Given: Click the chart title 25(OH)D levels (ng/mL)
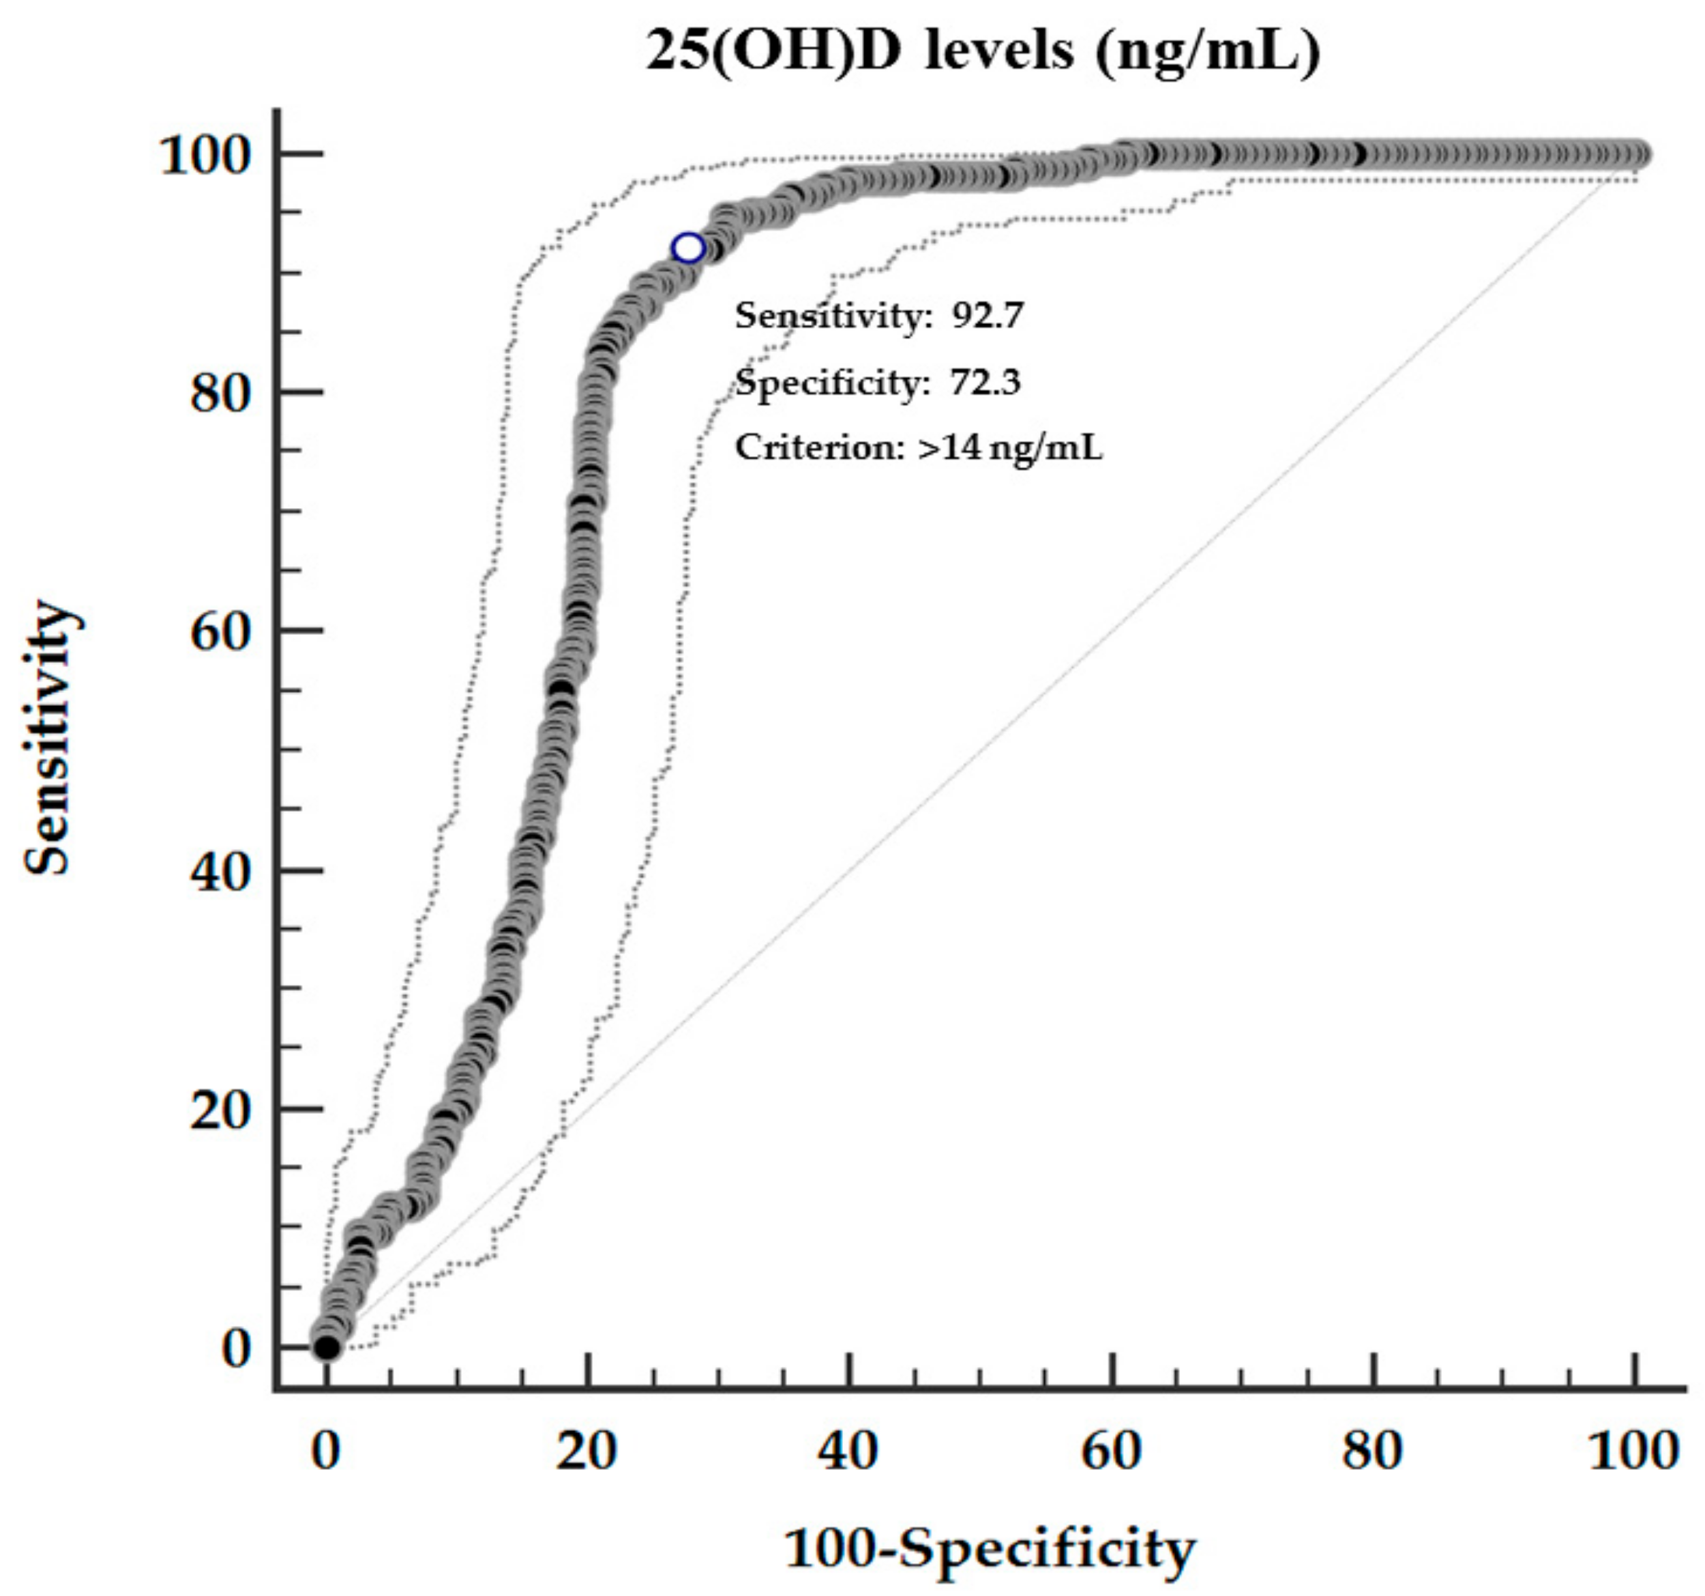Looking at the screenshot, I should click(982, 51).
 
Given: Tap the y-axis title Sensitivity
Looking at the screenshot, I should click(47, 737).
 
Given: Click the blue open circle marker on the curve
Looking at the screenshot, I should click(688, 248).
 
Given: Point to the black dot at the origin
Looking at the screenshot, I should click(327, 1347).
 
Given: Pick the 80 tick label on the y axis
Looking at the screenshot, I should click(220, 393).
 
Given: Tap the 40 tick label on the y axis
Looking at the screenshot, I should click(220, 872).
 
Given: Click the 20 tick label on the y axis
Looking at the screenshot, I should click(220, 1110).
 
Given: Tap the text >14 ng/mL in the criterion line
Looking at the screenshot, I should click(1009, 447).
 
